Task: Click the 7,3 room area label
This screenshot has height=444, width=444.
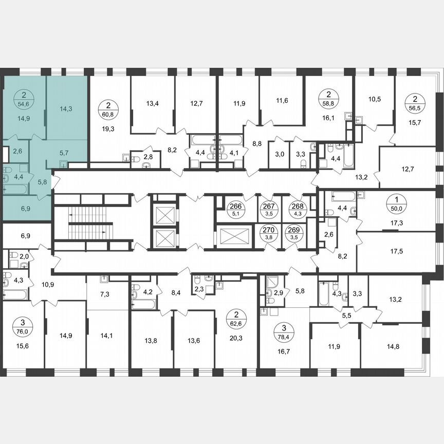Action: point(106,294)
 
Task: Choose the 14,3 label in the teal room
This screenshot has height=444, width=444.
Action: point(66,109)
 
